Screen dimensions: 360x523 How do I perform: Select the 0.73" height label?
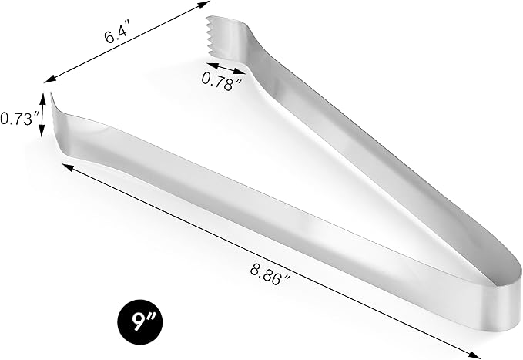(19, 119)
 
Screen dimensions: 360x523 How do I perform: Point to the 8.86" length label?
(272, 271)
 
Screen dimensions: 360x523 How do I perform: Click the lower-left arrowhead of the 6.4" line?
(48, 79)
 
